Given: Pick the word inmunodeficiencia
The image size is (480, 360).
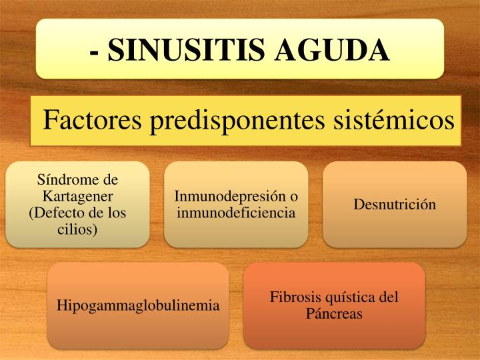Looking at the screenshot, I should tap(236, 213).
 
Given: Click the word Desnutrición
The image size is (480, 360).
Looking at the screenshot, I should tap(395, 204).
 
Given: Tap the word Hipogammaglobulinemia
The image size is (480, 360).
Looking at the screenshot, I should tap(138, 306).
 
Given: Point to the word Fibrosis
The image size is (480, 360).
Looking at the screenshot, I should tap(296, 297).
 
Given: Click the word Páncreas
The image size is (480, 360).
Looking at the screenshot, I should tap(334, 313).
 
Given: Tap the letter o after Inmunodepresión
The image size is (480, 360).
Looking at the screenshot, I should tap(294, 197).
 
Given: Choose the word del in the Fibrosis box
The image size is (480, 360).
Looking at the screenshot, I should tap(389, 297).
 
